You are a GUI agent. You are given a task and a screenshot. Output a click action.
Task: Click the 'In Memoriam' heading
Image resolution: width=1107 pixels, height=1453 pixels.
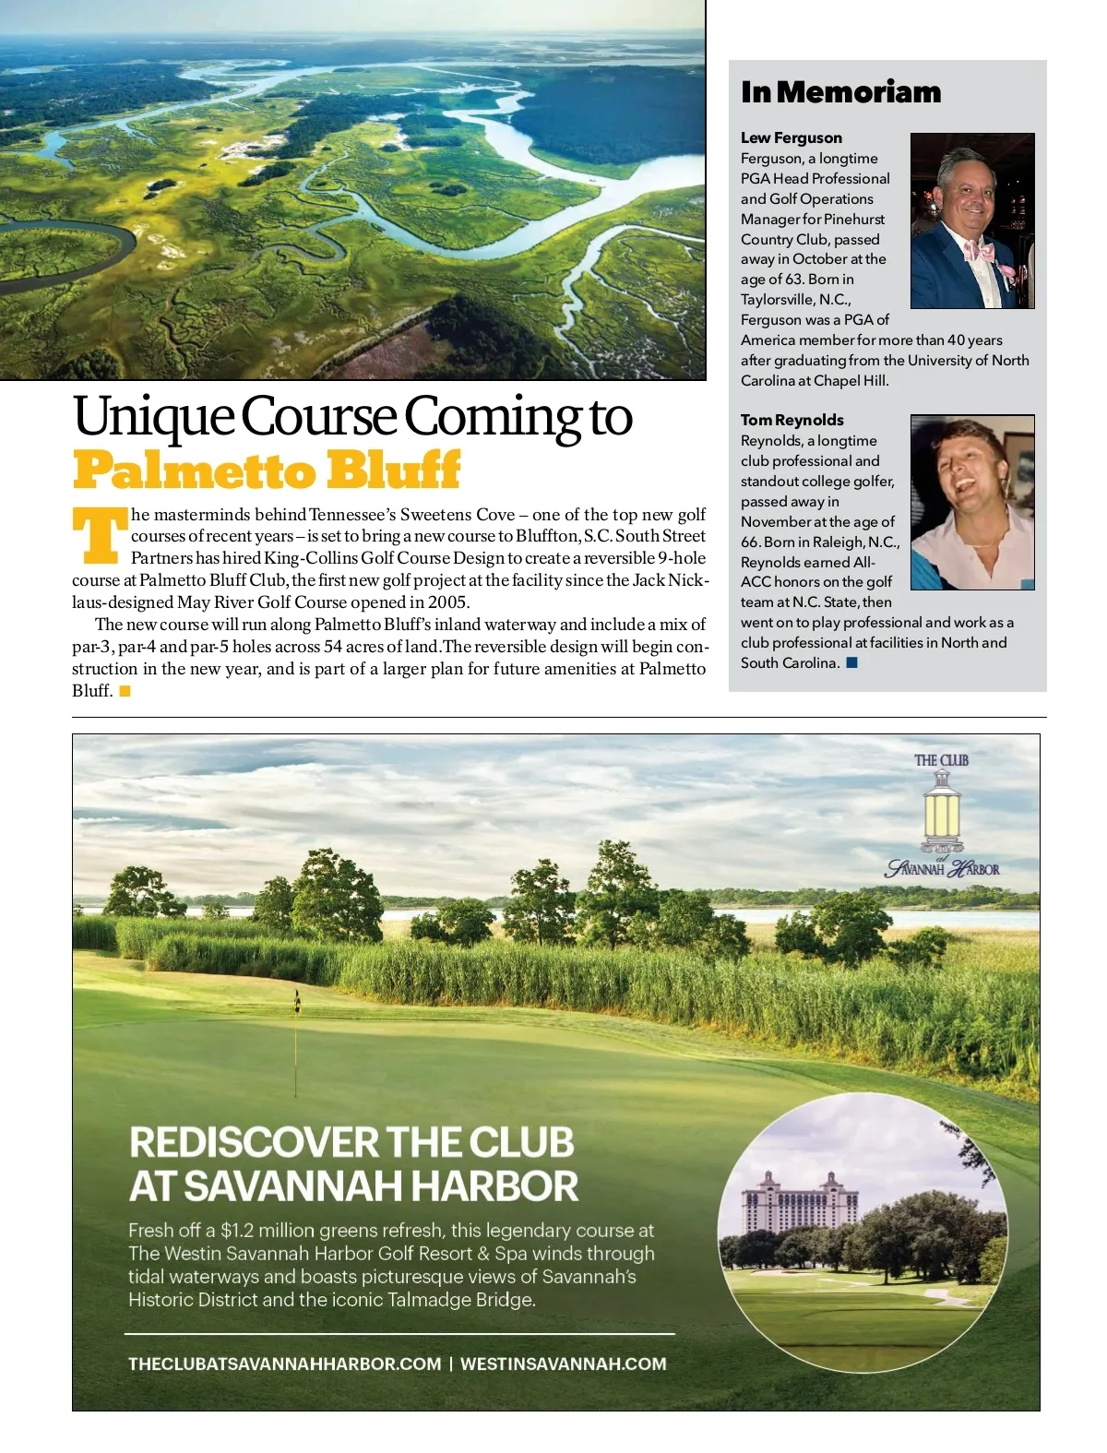(840, 92)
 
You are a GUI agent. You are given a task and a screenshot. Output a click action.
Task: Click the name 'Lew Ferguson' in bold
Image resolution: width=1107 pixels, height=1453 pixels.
(791, 137)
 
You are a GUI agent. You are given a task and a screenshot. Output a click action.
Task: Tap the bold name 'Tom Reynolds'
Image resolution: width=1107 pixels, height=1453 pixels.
(792, 420)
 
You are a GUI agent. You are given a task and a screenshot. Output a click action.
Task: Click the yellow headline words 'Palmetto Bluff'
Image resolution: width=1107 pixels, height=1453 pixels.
(266, 470)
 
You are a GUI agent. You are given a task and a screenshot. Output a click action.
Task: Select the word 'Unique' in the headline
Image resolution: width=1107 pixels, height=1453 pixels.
(152, 417)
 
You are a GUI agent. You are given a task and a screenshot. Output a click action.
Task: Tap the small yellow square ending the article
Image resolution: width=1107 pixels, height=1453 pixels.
(125, 691)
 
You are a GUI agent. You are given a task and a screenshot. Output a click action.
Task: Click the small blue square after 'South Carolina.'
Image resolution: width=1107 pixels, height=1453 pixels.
(851, 662)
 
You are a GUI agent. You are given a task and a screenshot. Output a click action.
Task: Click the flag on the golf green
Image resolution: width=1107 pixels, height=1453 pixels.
(297, 1000)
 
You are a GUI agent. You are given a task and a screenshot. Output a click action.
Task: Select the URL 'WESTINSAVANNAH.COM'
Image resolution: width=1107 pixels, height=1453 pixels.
(563, 1364)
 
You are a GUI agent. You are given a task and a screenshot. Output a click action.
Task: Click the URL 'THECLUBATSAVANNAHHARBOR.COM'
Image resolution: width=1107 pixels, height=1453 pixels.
(284, 1364)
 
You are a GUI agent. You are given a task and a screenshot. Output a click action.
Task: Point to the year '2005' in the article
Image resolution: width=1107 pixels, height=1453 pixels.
(447, 602)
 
